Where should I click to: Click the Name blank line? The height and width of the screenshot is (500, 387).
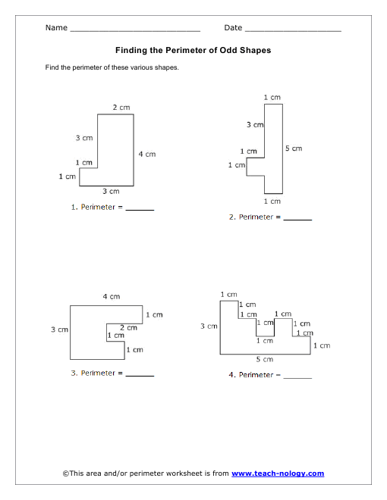click(x=135, y=31)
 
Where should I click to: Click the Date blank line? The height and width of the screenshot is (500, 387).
click(x=293, y=31)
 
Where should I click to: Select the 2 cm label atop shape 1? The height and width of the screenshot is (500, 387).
click(x=121, y=108)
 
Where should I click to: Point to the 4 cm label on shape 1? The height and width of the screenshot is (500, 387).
click(x=147, y=155)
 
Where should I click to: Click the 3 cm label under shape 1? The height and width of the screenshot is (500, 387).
click(x=111, y=192)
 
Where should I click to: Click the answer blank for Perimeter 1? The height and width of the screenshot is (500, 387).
click(x=140, y=210)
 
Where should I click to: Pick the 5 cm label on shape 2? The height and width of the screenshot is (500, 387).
click(x=294, y=148)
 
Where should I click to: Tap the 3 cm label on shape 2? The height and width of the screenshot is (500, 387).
click(x=255, y=125)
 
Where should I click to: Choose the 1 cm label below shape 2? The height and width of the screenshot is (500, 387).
click(x=272, y=202)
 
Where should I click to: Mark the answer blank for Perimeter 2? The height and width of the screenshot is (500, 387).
click(x=297, y=220)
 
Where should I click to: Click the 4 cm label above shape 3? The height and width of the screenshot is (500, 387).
click(x=112, y=296)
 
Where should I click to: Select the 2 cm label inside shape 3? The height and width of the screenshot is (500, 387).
click(x=128, y=328)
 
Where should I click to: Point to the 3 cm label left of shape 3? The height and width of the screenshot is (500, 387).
click(x=59, y=330)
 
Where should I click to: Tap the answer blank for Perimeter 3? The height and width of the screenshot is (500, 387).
click(x=140, y=376)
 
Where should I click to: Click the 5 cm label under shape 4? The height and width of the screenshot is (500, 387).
click(x=264, y=359)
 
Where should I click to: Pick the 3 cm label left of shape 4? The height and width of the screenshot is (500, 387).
click(x=209, y=327)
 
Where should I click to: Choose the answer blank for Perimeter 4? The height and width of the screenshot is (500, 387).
click(x=297, y=378)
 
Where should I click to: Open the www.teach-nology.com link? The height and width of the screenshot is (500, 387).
click(x=278, y=473)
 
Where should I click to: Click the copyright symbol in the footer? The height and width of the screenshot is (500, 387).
click(x=66, y=473)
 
